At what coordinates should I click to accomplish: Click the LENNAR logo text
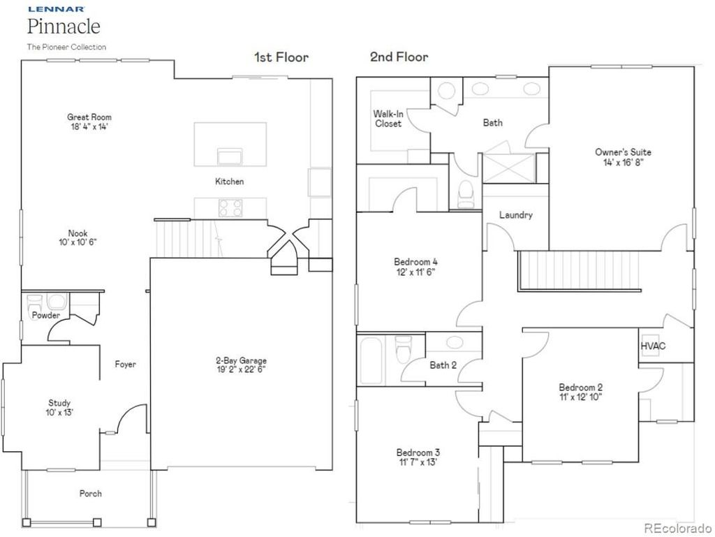point(56,10)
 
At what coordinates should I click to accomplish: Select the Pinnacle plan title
point(64,27)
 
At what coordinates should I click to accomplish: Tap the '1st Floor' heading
point(281,57)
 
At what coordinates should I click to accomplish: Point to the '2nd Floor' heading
point(399,57)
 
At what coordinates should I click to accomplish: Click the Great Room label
point(89,117)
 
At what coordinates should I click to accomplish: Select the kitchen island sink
point(229,155)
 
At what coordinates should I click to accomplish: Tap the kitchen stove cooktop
point(230,207)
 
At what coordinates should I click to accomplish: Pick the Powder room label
point(45,316)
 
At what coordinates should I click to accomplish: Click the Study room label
point(59,403)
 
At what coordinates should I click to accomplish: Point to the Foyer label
point(126,365)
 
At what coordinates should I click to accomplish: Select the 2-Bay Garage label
point(240,361)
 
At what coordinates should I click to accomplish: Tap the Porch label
point(90,494)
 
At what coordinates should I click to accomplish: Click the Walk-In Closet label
point(388,119)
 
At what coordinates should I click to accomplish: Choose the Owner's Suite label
point(623,152)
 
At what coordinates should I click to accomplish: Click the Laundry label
point(515,215)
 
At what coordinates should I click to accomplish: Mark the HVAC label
point(653,346)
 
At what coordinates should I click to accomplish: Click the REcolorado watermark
point(677,528)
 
